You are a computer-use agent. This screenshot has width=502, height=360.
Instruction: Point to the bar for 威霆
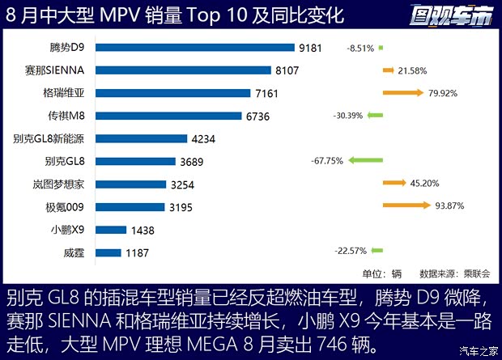[x=108, y=253]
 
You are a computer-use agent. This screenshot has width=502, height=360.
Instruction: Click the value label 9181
[x=312, y=48]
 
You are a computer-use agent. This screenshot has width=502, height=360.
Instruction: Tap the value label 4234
[x=202, y=139]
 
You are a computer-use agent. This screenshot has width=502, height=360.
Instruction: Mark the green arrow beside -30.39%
[x=376, y=116]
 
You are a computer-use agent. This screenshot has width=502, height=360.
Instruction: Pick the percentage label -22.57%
[x=351, y=251]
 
